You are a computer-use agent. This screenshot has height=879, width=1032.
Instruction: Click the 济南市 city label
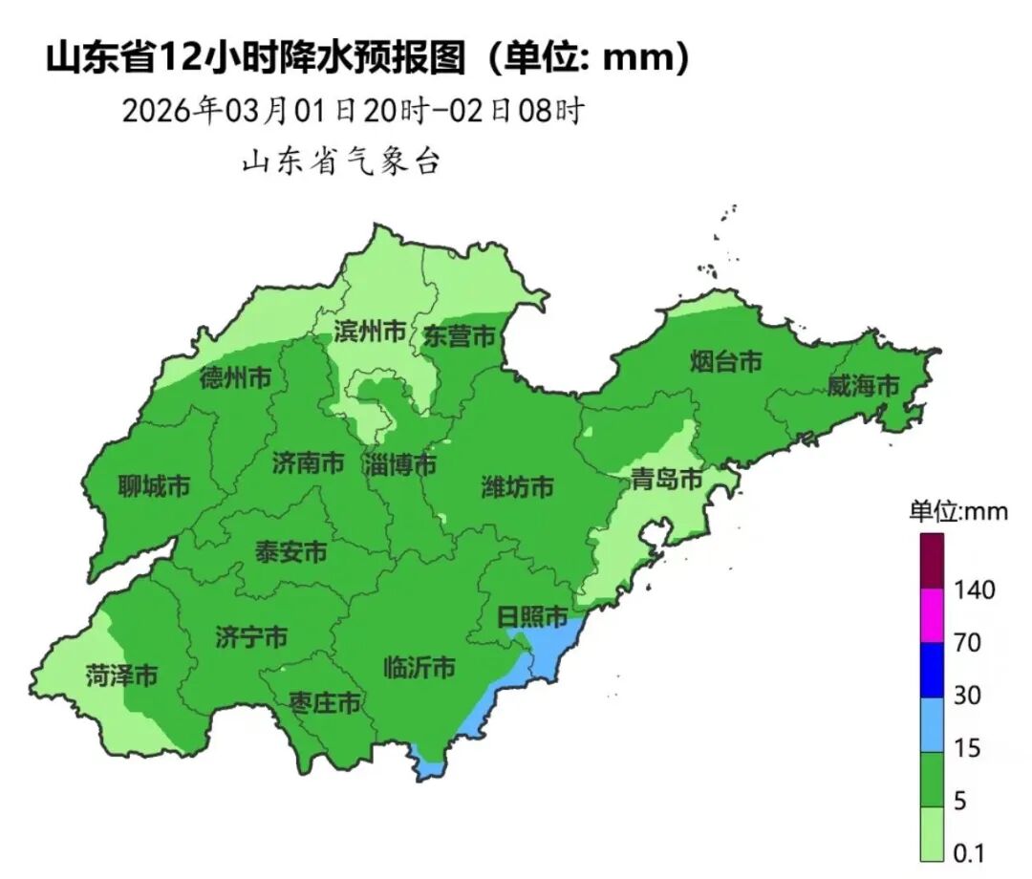pyautogui.click(x=308, y=464)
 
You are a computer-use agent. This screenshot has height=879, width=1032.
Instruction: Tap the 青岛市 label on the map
pyautogui.click(x=666, y=480)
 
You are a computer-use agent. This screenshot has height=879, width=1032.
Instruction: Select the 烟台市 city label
pyautogui.click(x=726, y=361)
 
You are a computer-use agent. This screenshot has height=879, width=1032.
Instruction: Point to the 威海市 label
pyautogui.click(x=863, y=386)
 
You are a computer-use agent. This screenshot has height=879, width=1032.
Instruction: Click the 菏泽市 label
pyautogui.click(x=121, y=675)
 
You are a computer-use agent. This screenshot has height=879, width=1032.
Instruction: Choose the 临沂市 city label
pyautogui.click(x=419, y=667)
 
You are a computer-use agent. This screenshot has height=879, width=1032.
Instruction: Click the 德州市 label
pyautogui.click(x=235, y=378)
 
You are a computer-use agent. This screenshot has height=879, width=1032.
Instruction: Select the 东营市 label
pyautogui.click(x=460, y=336)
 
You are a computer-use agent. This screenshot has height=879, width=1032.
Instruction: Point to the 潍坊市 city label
pyautogui.click(x=517, y=487)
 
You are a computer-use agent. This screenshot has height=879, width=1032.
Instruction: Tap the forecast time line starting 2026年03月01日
pyautogui.click(x=352, y=111)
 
